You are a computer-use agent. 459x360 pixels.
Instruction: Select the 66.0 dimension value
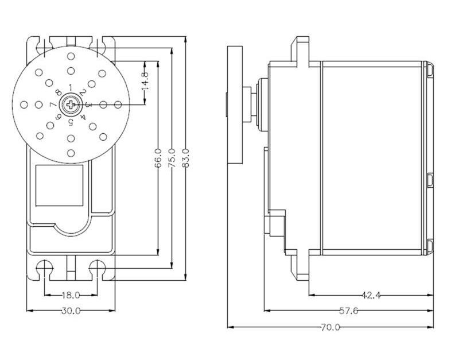(x=158, y=157)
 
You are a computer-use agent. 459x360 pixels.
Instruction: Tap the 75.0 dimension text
(x=172, y=157)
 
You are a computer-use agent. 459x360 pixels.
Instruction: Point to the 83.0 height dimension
(x=185, y=157)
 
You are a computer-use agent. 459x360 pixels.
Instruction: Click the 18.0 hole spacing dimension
(x=70, y=295)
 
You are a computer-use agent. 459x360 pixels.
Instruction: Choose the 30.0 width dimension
(x=70, y=311)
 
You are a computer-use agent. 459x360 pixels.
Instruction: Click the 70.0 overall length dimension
(x=330, y=327)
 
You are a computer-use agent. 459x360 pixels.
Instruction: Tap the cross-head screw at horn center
(x=71, y=104)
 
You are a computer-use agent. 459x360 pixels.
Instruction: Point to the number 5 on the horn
(x=71, y=122)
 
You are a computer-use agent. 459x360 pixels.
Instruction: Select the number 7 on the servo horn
(x=52, y=104)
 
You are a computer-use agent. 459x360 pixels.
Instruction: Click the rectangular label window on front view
(x=60, y=184)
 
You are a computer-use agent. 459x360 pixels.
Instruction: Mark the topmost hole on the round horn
(x=71, y=56)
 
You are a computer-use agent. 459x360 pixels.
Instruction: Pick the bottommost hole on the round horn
(x=71, y=153)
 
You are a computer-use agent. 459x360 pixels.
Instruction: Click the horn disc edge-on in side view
(x=234, y=104)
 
